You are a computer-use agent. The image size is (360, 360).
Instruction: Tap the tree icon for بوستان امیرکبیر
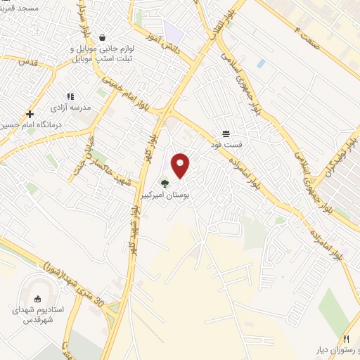click(x=165, y=184)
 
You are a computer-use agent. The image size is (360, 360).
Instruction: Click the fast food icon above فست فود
click(x=226, y=134)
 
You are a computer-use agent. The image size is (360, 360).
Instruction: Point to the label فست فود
click(x=226, y=143)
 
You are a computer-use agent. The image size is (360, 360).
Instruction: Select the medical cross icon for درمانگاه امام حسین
click(x=30, y=114)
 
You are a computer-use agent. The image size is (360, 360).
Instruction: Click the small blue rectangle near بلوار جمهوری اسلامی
click(x=262, y=63)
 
